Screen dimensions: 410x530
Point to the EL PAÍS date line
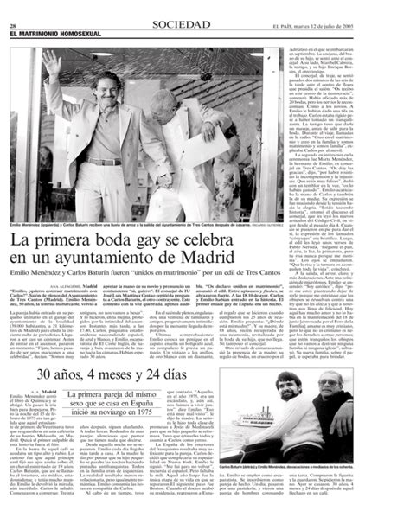tap(358, 7)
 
